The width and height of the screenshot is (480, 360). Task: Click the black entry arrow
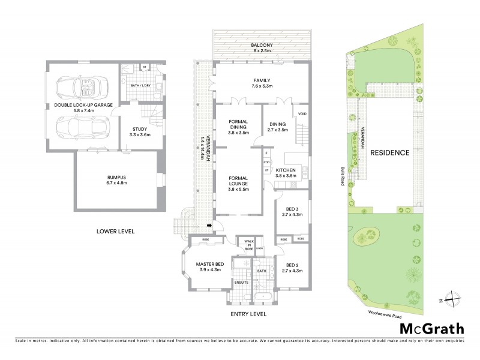208,226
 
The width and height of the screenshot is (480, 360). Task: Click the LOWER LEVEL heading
115,231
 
